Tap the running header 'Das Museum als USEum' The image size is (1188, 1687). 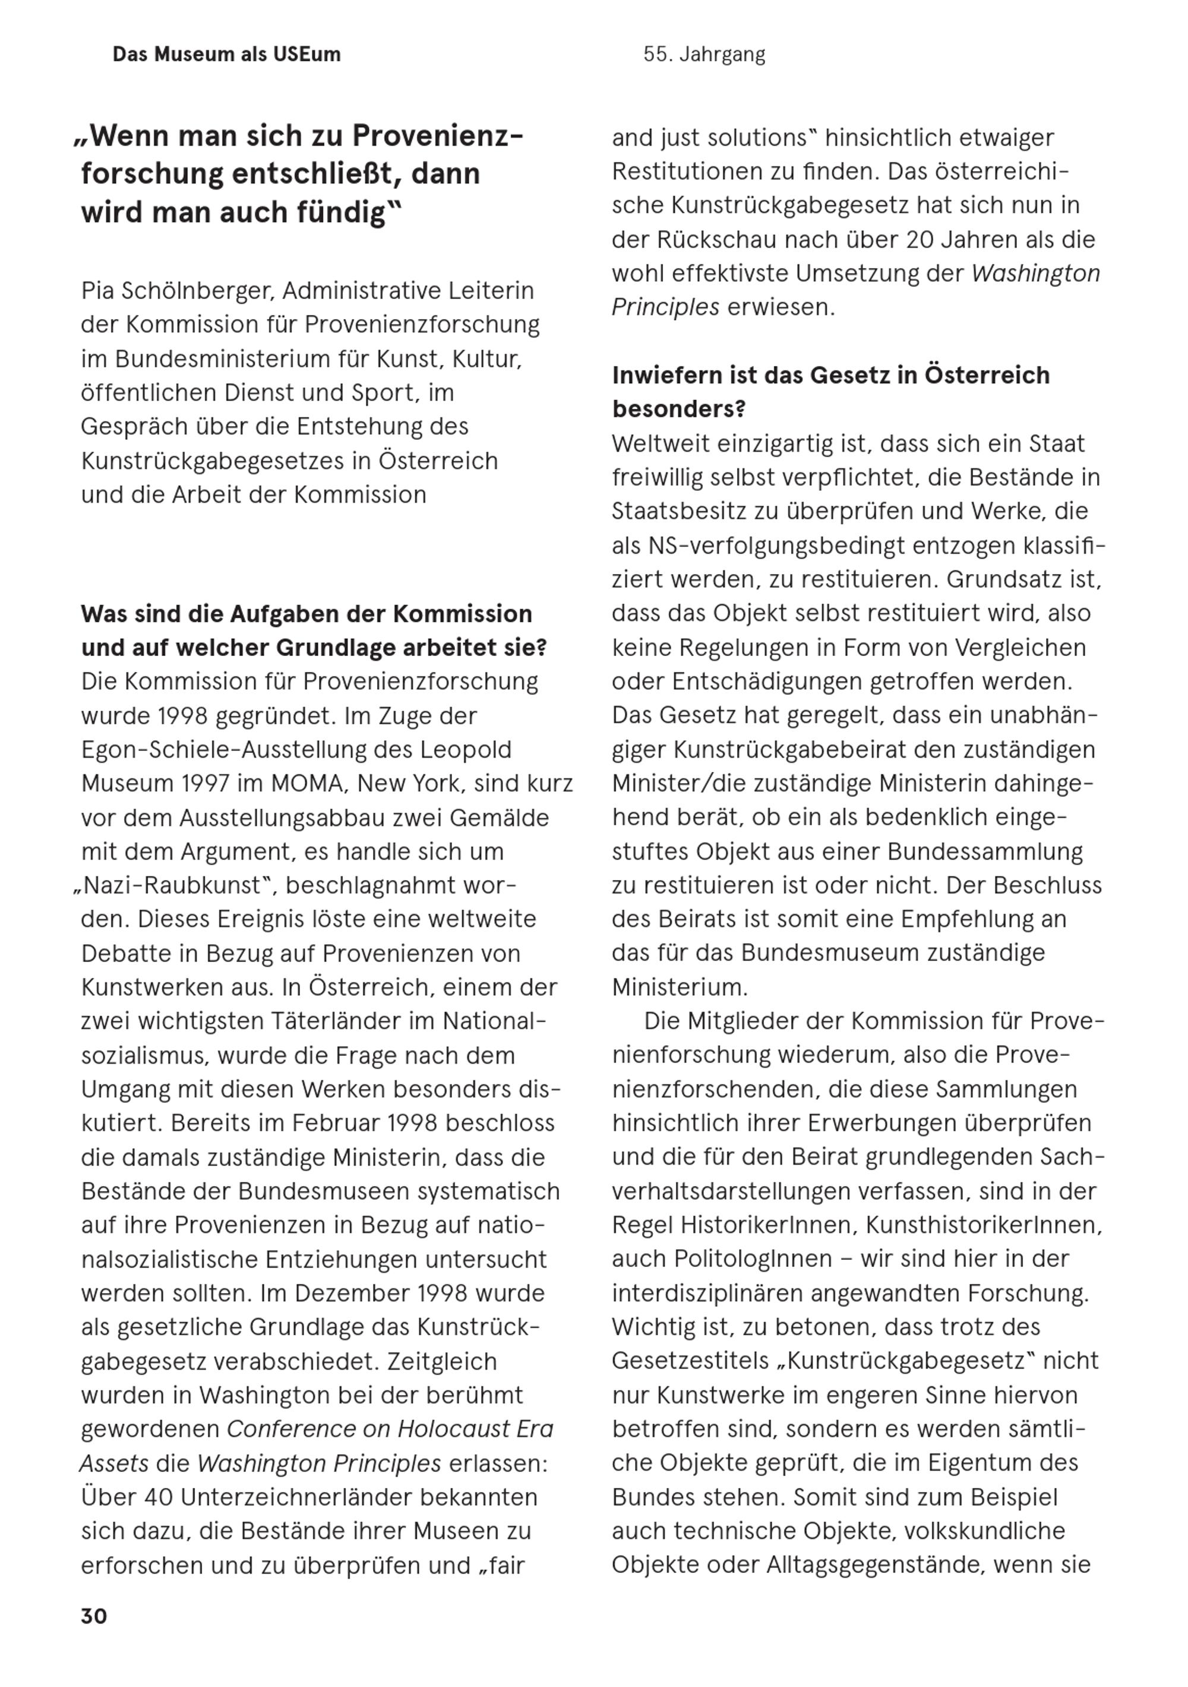(x=226, y=55)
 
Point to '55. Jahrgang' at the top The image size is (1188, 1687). (x=704, y=55)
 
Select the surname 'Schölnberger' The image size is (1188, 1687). (x=198, y=291)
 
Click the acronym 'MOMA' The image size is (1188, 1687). (x=307, y=783)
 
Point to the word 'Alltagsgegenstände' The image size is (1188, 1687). (x=874, y=1565)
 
